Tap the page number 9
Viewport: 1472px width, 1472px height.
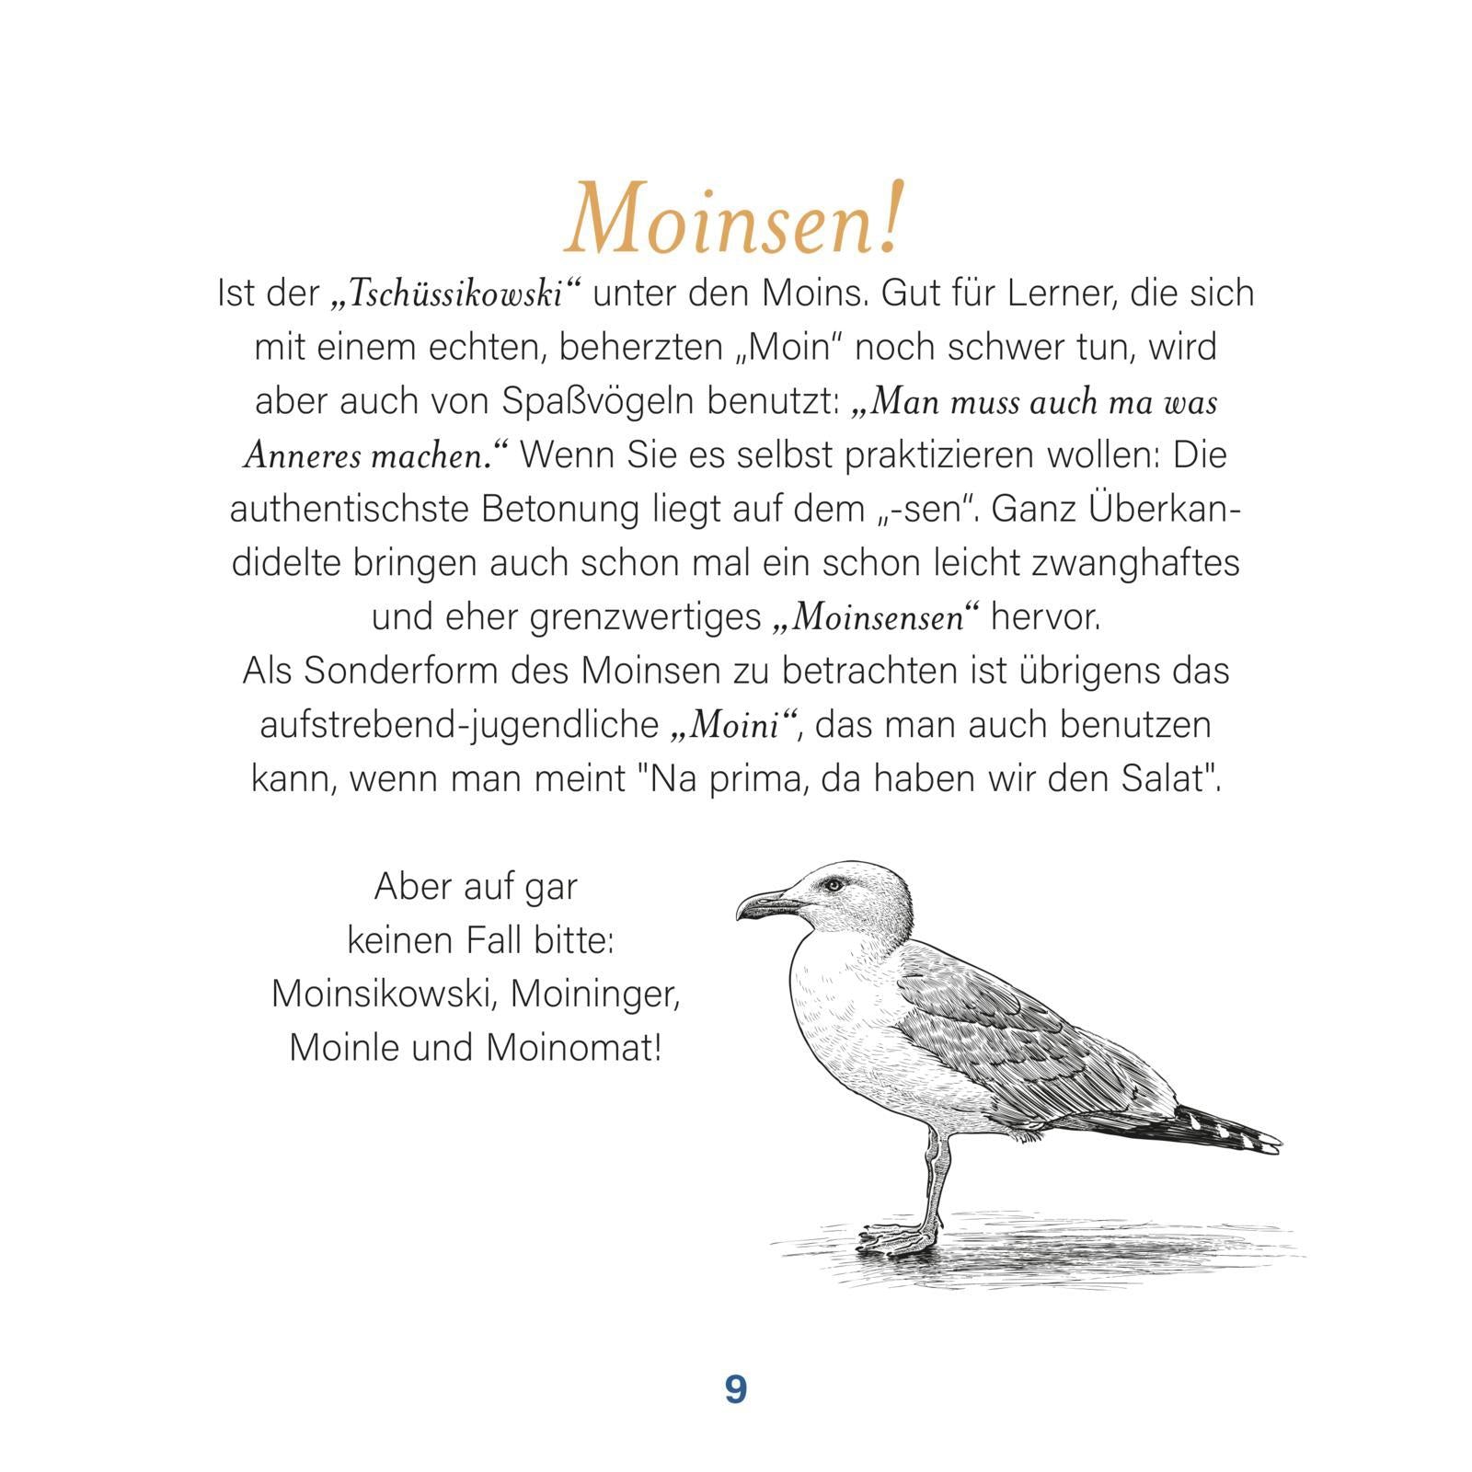click(x=735, y=1389)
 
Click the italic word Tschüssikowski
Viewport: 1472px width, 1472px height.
click(x=457, y=294)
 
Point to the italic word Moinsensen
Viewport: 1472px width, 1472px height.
click(x=876, y=617)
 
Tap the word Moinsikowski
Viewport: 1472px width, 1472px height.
click(x=384, y=994)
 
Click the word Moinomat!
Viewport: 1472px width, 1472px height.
click(x=573, y=1048)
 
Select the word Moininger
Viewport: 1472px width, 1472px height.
click(x=594, y=994)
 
